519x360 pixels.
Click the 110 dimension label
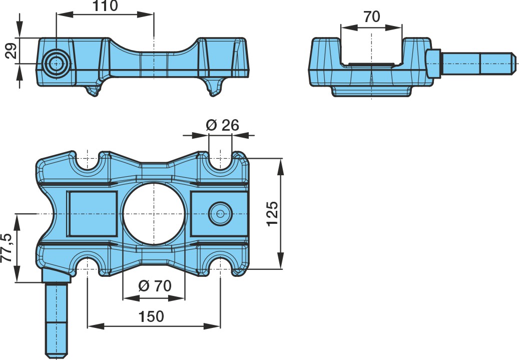[105, 6]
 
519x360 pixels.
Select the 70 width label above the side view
[372, 17]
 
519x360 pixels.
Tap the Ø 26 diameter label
[222, 125]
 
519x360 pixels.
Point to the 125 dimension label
[273, 214]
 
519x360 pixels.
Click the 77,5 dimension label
[7, 248]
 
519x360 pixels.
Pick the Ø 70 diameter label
[155, 285]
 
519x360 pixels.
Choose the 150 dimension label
[151, 316]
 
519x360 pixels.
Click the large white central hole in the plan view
[154, 214]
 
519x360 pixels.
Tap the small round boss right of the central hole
[220, 214]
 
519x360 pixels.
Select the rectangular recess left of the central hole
[93, 214]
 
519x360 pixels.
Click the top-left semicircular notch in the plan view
[88, 161]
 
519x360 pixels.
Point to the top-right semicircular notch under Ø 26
[220, 161]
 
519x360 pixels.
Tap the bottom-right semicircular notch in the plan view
[220, 266]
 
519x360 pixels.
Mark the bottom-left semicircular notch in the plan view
[88, 266]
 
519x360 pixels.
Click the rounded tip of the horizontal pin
[513, 63]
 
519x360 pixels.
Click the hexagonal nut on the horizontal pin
[433, 63]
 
